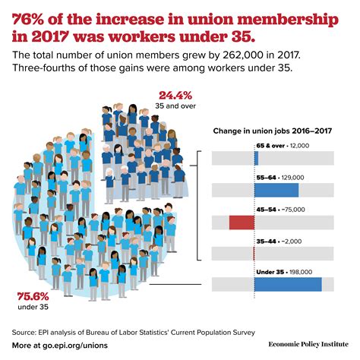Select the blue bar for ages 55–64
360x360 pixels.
click(x=276, y=190)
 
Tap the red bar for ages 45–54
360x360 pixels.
click(x=241, y=222)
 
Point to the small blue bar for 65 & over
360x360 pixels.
click(x=257, y=158)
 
